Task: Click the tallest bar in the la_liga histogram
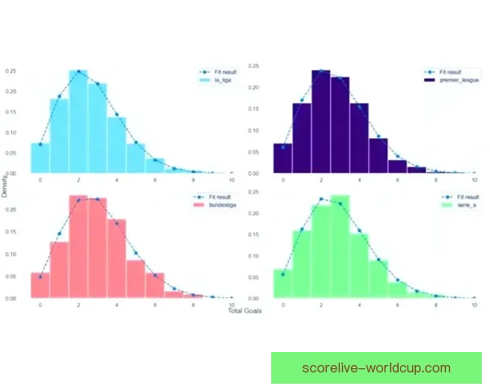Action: point(78,122)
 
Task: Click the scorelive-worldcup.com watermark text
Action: point(376,367)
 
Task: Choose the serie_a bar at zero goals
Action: point(283,284)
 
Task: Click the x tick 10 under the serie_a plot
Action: point(474,305)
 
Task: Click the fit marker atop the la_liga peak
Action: point(78,72)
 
